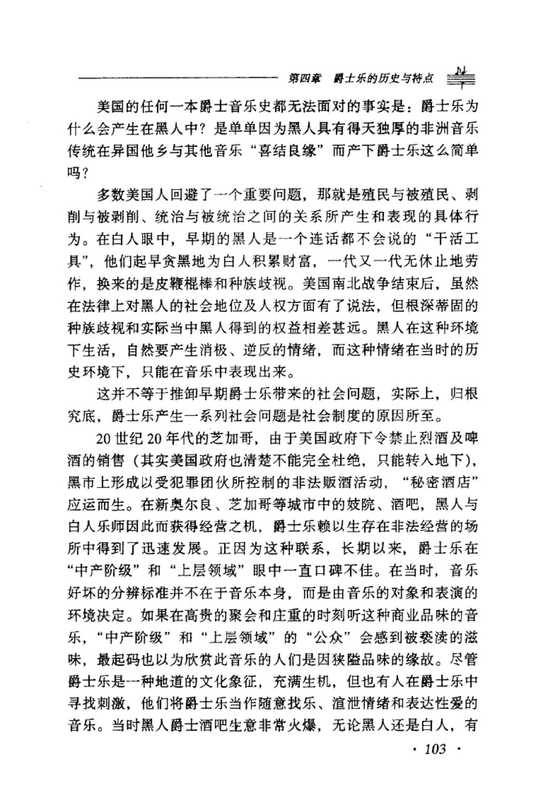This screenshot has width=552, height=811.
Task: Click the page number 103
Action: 434,748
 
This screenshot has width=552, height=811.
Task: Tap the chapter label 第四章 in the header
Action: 304,78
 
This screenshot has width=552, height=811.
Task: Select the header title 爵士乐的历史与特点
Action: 383,78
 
